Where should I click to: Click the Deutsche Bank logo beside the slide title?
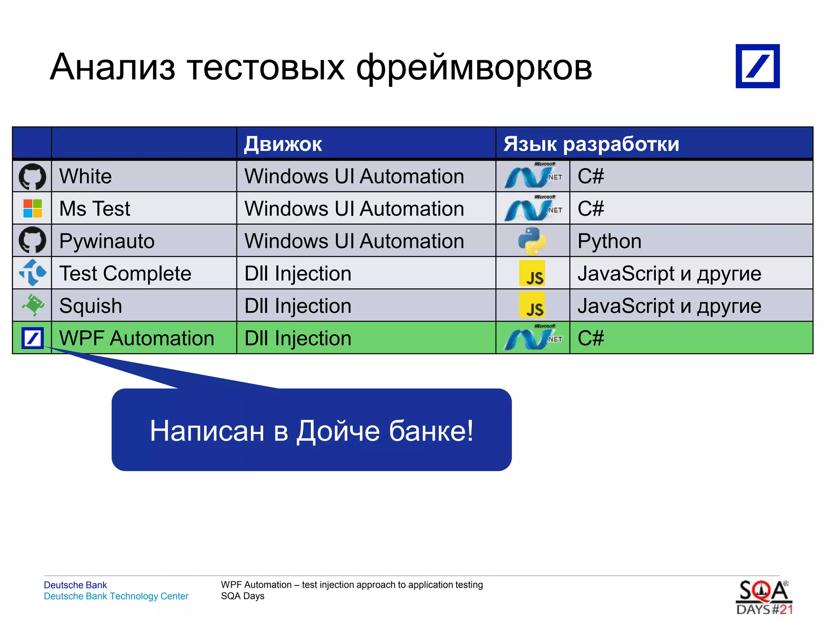tap(757, 66)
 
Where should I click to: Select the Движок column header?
tap(283, 144)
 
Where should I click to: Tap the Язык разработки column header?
tap(591, 144)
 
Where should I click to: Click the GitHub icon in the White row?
tap(32, 176)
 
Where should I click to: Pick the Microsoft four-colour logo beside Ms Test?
tap(33, 208)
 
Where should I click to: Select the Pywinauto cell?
tap(107, 241)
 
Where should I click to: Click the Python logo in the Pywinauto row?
tap(532, 241)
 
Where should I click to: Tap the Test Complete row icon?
tap(33, 273)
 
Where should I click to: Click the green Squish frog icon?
tap(33, 305)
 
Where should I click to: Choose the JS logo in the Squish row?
tap(532, 305)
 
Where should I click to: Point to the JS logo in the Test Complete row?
tap(532, 273)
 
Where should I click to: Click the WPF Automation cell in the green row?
tap(137, 338)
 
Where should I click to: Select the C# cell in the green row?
tap(591, 338)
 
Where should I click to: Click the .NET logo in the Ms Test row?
tap(533, 208)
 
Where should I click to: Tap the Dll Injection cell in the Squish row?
tap(298, 306)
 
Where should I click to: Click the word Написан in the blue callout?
tap(207, 431)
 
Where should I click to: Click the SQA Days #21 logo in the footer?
tap(764, 597)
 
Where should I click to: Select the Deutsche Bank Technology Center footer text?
tap(116, 596)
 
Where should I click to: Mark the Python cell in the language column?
tap(609, 241)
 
